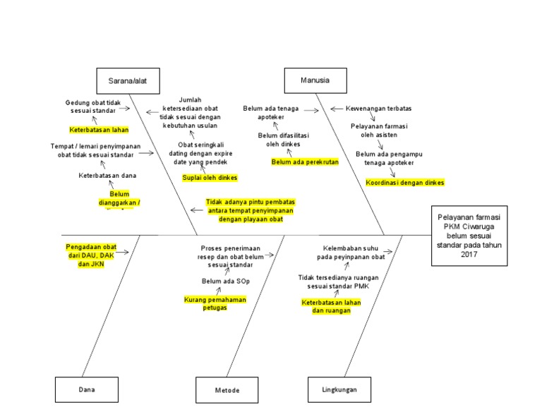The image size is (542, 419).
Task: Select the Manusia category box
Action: pyautogui.click(x=315, y=80)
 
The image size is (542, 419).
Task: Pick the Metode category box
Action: pyautogui.click(x=227, y=389)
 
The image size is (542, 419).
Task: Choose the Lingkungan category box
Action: pyautogui.click(x=339, y=389)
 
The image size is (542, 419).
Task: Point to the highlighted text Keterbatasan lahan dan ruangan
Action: pyautogui.click(x=331, y=306)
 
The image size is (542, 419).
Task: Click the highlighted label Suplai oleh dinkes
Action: pyautogui.click(x=210, y=177)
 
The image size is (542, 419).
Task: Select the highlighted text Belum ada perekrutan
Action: pyautogui.click(x=305, y=162)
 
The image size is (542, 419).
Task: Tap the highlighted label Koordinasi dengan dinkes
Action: pyautogui.click(x=405, y=182)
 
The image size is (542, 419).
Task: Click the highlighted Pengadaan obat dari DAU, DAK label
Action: pyautogui.click(x=91, y=255)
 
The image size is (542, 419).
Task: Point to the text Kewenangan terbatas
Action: pyautogui.click(x=379, y=109)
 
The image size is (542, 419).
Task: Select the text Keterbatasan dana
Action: pyautogui.click(x=107, y=175)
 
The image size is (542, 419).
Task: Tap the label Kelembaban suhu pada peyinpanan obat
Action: pyautogui.click(x=351, y=253)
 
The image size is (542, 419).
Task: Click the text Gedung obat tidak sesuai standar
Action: pyautogui.click(x=93, y=107)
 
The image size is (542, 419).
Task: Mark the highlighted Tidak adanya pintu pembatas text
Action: pyautogui.click(x=251, y=210)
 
